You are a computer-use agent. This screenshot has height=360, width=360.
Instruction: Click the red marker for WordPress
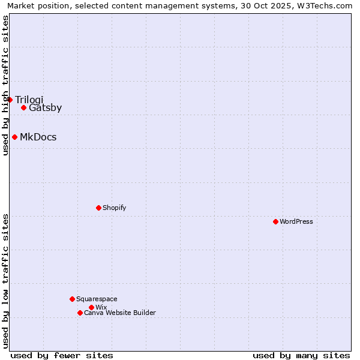pyautogui.click(x=275, y=221)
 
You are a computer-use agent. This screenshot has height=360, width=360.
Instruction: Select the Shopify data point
pyautogui.click(x=98, y=208)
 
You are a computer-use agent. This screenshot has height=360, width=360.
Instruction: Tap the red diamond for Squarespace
pyautogui.click(x=72, y=299)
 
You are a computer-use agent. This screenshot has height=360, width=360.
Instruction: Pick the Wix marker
pyautogui.click(x=91, y=307)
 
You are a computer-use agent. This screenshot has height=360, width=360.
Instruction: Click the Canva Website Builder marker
pyautogui.click(x=80, y=313)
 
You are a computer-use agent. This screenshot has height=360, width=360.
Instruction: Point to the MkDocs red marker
pyautogui.click(x=14, y=137)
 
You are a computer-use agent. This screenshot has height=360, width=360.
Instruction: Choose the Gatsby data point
pyautogui.click(x=23, y=108)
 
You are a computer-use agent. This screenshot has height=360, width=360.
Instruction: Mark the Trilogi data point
pyautogui.click(x=10, y=100)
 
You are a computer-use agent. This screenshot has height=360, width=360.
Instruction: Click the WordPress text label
pyautogui.click(x=296, y=221)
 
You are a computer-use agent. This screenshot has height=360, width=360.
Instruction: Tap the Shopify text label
pyautogui.click(x=115, y=208)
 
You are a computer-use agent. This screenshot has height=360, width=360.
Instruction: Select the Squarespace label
pyautogui.click(x=97, y=299)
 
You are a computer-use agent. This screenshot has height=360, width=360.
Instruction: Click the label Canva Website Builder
pyautogui.click(x=120, y=313)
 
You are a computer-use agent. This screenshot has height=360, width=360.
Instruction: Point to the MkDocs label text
pyautogui.click(x=38, y=137)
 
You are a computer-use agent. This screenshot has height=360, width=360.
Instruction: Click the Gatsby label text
pyautogui.click(x=46, y=108)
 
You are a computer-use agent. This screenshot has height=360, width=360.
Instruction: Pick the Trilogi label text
pyautogui.click(x=29, y=100)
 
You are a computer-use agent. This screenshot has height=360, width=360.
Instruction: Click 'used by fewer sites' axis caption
pyautogui.click(x=62, y=355)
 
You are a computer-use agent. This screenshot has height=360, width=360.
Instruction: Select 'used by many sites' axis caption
pyautogui.click(x=301, y=355)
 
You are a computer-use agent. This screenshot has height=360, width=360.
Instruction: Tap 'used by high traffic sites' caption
pyautogui.click(x=5, y=85)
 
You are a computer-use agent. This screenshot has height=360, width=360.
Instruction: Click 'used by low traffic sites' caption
pyautogui.click(x=5, y=281)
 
